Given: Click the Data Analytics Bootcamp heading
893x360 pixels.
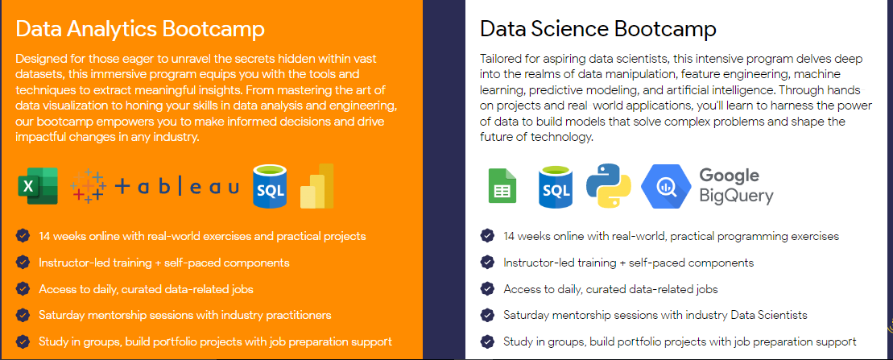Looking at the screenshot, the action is (140, 29).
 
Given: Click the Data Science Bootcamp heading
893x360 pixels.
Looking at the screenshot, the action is (598, 29).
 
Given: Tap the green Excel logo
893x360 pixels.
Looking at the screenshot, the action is (38, 186).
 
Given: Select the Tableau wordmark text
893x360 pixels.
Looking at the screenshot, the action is (177, 186).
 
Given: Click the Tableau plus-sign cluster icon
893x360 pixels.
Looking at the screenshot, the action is (89, 186).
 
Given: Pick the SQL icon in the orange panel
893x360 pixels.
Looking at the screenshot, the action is (270, 186).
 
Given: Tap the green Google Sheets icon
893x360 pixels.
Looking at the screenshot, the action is (502, 186).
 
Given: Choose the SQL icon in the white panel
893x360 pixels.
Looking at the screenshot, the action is (556, 186).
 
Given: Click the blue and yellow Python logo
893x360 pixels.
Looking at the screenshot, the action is (609, 186).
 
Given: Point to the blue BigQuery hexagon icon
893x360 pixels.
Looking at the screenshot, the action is (666, 186).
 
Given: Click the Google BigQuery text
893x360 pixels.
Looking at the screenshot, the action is (736, 186).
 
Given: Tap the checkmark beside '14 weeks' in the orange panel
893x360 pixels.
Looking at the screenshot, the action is (23, 235).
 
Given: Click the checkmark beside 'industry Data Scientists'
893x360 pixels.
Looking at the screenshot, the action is (487, 315).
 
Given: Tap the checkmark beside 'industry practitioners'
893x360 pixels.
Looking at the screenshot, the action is (23, 315).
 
